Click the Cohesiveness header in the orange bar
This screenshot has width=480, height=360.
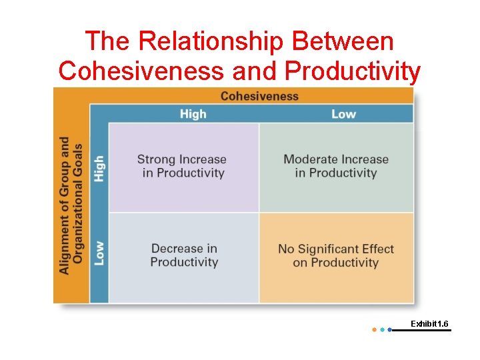[x=259, y=96]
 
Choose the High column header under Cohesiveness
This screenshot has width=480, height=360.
[x=193, y=114]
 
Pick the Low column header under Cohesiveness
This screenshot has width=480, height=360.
[x=343, y=114]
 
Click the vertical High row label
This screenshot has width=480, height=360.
[x=99, y=168]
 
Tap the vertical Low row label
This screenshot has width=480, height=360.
[x=99, y=253]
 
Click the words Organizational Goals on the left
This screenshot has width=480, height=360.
[x=78, y=203]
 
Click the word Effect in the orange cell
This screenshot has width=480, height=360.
[x=379, y=249]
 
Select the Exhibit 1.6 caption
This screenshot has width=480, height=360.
[x=429, y=323]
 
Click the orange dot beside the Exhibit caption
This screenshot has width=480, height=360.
[x=374, y=329]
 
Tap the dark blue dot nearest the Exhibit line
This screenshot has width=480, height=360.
[x=389, y=329]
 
